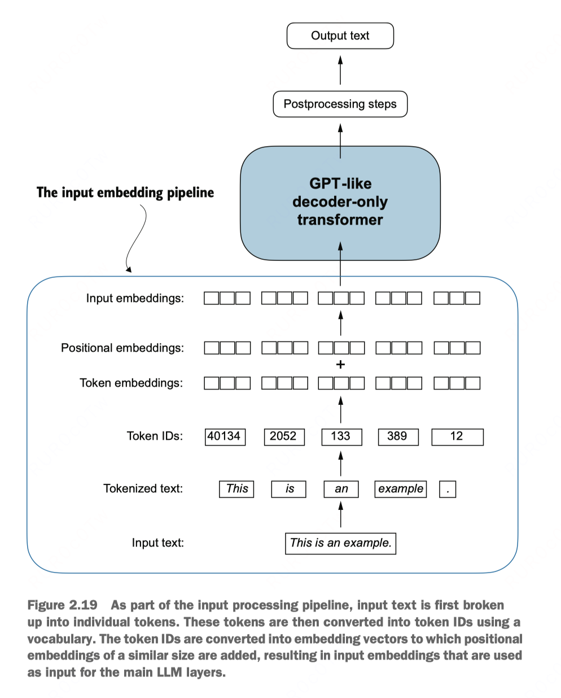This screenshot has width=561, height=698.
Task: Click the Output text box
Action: [340, 36]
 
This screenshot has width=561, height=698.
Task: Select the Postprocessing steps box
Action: [340, 104]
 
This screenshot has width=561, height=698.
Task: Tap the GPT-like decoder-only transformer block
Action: [340, 203]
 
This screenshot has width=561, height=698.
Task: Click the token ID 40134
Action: [225, 437]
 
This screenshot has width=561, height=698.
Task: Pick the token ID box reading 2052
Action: [284, 437]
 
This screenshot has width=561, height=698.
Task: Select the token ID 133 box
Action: [341, 437]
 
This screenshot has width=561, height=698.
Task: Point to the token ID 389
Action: [398, 437]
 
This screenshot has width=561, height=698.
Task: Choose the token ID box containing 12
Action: [457, 437]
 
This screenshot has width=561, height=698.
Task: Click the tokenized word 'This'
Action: [236, 489]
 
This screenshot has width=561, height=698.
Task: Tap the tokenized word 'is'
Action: [288, 489]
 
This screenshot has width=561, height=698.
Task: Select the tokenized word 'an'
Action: [341, 489]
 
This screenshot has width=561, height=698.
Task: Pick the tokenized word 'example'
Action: [401, 489]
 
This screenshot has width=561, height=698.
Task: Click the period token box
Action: [448, 489]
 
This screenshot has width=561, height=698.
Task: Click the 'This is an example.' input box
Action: [340, 544]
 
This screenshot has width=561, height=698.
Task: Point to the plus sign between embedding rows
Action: [340, 365]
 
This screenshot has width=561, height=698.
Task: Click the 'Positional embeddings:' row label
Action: [122, 348]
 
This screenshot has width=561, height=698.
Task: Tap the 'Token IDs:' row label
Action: [155, 436]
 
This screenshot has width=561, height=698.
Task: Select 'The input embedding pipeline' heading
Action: [125, 193]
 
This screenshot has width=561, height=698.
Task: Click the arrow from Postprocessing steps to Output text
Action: [340, 70]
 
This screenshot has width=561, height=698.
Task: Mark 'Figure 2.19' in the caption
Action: [62, 605]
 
